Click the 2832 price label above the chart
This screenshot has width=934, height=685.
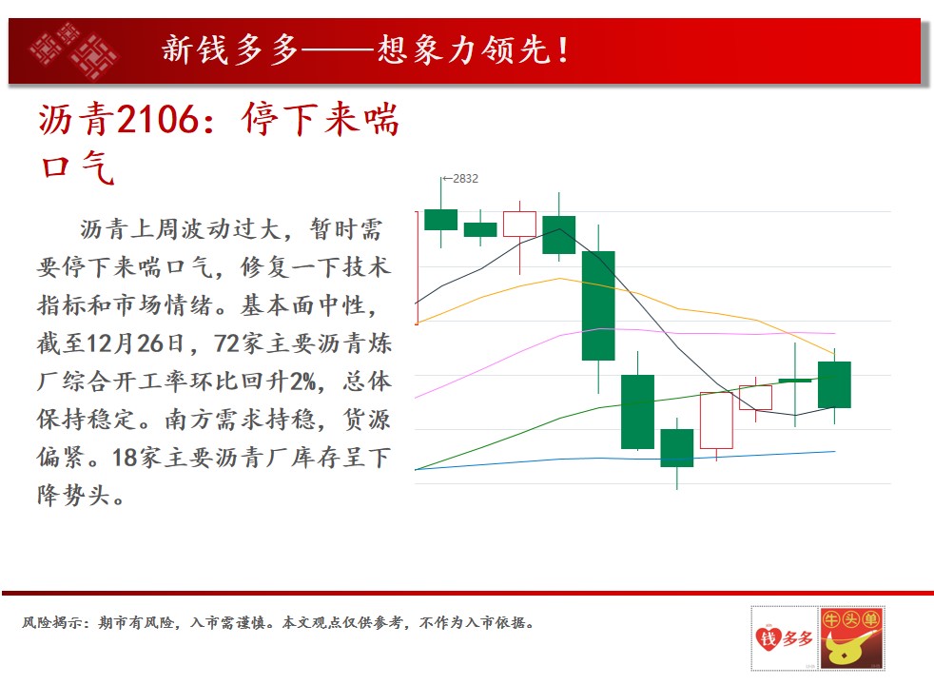465,179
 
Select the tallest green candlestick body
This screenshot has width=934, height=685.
598,305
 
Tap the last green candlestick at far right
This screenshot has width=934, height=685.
834,384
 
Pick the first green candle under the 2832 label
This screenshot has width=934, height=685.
440,220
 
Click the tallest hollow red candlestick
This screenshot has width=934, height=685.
716,420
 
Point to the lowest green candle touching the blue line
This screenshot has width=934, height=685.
676,448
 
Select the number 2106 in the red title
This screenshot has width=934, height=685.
157,119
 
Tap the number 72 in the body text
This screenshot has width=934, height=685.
227,343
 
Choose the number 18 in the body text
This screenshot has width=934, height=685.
125,458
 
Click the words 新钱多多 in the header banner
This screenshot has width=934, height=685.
230,49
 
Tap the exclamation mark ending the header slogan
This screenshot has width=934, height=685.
563,50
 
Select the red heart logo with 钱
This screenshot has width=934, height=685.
769,638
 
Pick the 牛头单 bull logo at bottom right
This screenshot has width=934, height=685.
851,638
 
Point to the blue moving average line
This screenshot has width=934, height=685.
625,459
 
